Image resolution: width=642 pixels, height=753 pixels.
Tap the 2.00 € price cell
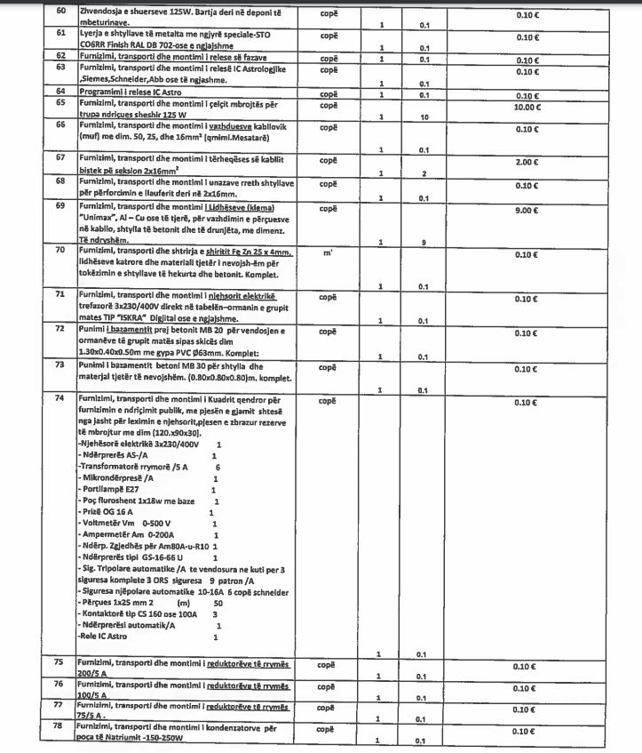pos(528,163)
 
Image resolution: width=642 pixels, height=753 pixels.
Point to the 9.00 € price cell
pos(527,211)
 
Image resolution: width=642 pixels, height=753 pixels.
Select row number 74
pos(60,398)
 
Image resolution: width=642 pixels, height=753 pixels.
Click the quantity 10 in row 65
pos(424,116)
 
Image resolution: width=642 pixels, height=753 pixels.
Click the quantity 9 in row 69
pos(424,242)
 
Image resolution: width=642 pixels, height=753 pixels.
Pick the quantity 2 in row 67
pos(424,173)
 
